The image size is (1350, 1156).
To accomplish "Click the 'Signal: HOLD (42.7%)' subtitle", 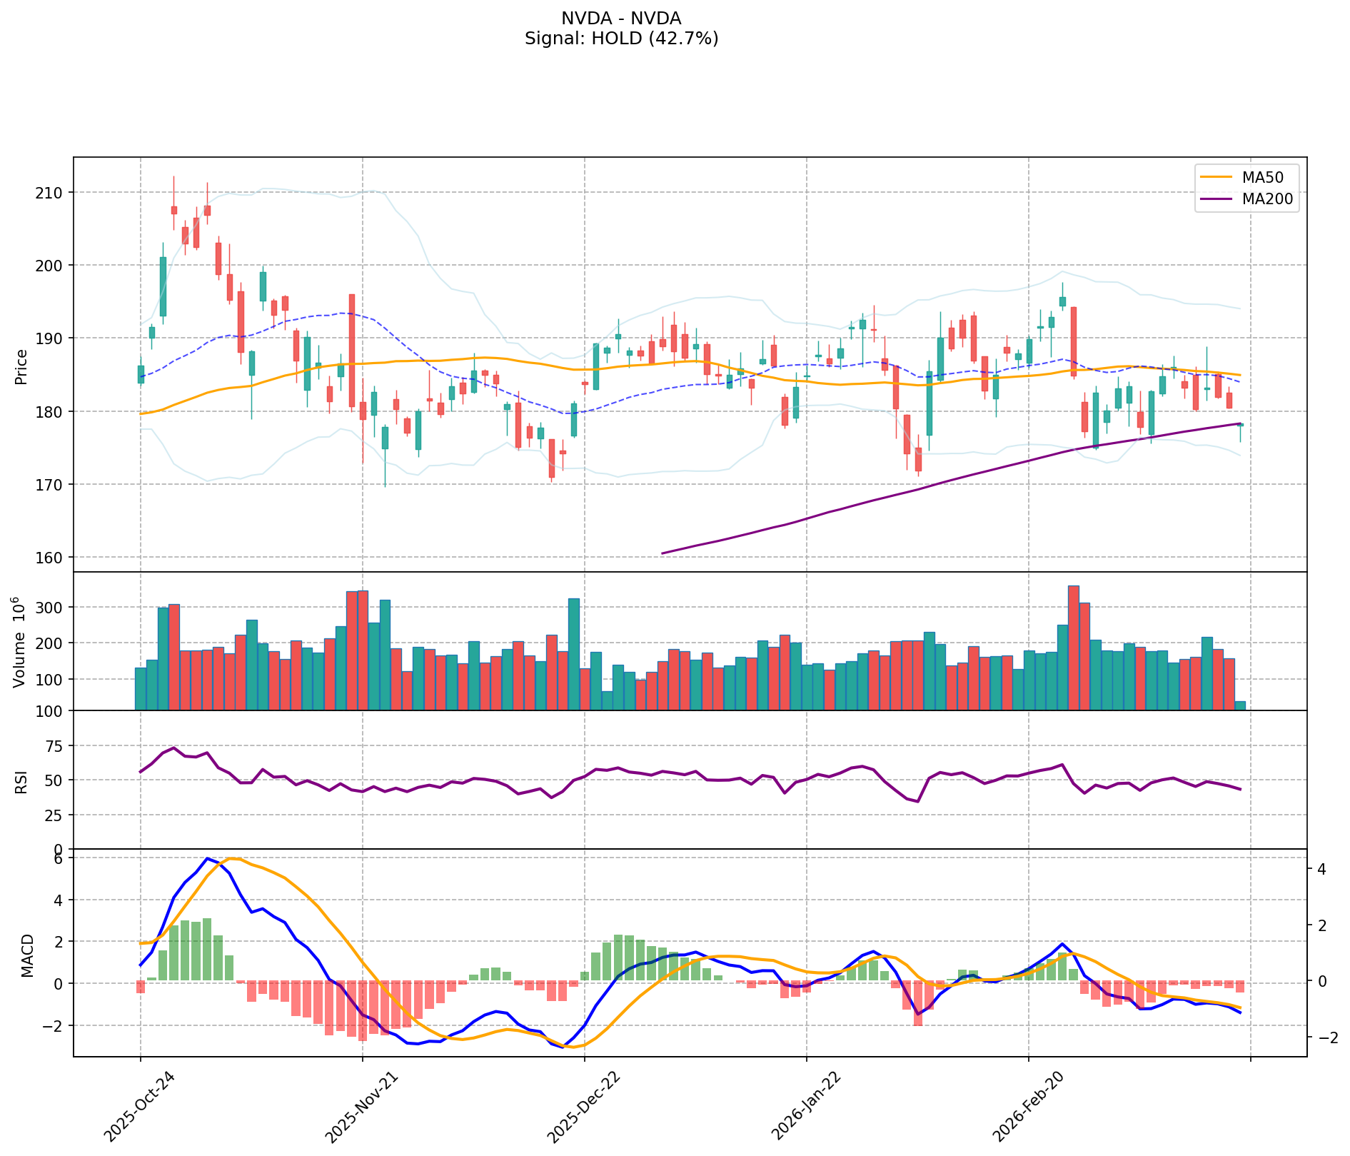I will (x=621, y=39).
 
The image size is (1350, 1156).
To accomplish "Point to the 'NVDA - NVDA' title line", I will (x=621, y=19).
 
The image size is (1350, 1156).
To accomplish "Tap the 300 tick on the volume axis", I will (x=49, y=608).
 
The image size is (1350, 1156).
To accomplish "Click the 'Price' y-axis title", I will (x=21, y=367).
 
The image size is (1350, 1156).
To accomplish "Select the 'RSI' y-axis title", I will (x=21, y=781).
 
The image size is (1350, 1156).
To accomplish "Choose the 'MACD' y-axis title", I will (x=27, y=955).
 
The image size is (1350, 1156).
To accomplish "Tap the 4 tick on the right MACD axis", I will (x=1321, y=870).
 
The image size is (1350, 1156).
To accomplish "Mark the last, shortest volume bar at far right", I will (x=1240, y=706).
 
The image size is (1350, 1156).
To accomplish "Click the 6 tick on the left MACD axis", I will (x=59, y=859).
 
